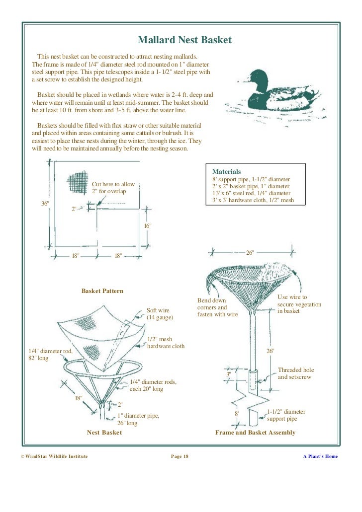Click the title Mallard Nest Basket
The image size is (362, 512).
tap(184, 40)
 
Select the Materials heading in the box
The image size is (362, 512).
tap(226, 171)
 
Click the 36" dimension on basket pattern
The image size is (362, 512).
tap(45, 204)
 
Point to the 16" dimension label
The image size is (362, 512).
tap(147, 226)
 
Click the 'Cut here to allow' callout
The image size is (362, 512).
tap(113, 188)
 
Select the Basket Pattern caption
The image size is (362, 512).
tap(102, 291)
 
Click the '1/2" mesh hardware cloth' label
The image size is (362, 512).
tap(166, 343)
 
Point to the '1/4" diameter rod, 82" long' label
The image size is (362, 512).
tap(50, 355)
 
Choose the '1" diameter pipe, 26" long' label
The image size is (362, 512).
tap(138, 420)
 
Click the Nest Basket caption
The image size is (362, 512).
tap(104, 433)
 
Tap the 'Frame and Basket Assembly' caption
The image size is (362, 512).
tap(255, 433)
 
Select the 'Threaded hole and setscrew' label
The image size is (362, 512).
tap(296, 373)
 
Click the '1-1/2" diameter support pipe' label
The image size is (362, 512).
tap(286, 415)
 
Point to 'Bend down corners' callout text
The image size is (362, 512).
tap(217, 307)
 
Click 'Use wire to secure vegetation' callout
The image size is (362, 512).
tap(299, 304)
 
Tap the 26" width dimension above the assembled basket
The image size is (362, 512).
tap(250, 253)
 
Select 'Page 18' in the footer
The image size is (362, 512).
tap(180, 456)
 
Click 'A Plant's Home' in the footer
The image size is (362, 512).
tap(320, 456)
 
